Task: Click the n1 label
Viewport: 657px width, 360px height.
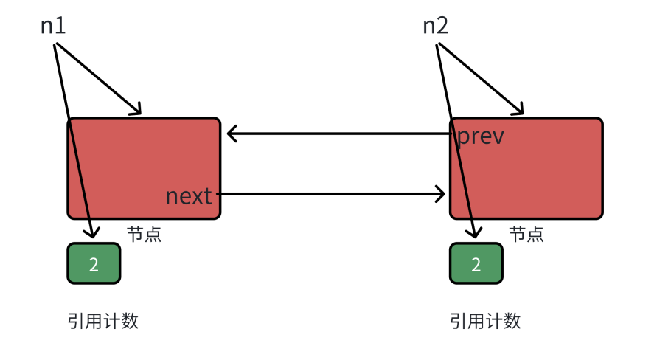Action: tap(53, 26)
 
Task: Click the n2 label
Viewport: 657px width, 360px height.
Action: tap(436, 26)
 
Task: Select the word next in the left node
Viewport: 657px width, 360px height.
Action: tap(189, 196)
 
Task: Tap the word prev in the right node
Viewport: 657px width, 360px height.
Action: tap(481, 136)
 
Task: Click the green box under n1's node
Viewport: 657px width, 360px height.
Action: tap(94, 263)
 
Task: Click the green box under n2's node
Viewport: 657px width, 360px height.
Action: tap(476, 263)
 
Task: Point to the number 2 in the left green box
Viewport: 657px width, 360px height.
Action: tap(94, 264)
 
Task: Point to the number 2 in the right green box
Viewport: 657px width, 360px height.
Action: tap(476, 264)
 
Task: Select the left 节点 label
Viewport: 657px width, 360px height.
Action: tap(144, 235)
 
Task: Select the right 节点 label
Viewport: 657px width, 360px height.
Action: tap(526, 235)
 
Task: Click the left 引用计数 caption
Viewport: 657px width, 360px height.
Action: tap(103, 321)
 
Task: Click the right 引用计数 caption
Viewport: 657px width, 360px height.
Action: tap(485, 321)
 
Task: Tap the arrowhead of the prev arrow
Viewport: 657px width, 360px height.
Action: tap(232, 134)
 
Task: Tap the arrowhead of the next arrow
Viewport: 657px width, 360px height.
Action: tap(440, 195)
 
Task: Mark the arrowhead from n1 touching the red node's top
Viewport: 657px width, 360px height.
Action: tap(135, 111)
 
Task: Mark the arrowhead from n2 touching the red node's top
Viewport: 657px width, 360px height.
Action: tap(518, 111)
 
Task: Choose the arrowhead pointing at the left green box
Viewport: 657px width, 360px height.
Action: tap(93, 232)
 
